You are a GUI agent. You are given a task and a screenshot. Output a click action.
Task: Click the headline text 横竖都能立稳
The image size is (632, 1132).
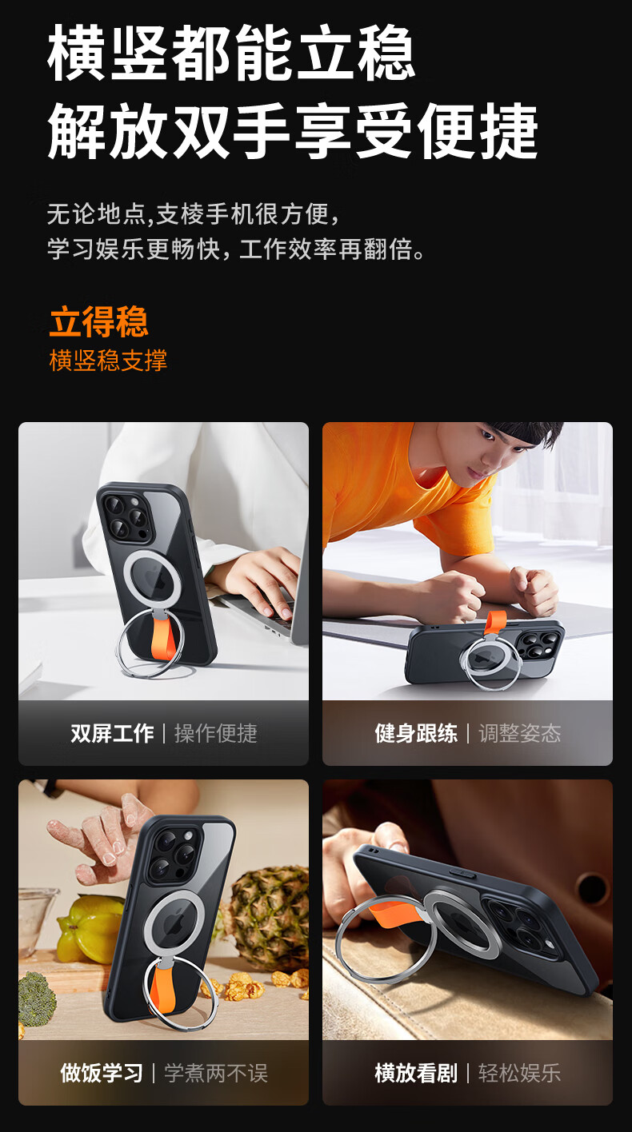coord(231,53)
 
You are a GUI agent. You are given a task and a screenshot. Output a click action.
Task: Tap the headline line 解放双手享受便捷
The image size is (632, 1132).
coord(293,131)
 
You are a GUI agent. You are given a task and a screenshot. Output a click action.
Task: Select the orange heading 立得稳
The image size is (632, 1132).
coord(98,321)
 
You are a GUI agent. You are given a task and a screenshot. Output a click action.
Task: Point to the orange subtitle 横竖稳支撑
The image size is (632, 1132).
coord(108,361)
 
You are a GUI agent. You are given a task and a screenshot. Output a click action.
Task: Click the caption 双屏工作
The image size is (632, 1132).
coord(112,733)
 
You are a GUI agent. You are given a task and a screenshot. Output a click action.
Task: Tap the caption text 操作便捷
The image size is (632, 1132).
coord(216,733)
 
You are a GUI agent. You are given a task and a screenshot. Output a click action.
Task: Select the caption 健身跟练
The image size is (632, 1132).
coord(416,733)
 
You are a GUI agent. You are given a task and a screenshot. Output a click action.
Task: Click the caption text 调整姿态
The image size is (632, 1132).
coord(520,733)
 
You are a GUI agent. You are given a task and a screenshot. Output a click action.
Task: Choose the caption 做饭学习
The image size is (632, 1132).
coord(101,1073)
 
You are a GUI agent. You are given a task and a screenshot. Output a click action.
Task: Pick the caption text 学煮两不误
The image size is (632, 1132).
coord(216,1073)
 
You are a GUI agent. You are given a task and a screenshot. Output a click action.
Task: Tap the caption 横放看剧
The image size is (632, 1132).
coord(416,1073)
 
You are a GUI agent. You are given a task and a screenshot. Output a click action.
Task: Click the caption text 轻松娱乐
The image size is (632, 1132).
coord(520,1073)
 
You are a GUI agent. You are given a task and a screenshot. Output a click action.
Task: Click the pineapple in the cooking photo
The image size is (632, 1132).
coord(270,914)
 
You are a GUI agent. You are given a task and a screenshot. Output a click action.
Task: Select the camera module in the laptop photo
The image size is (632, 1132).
coord(126,515)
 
